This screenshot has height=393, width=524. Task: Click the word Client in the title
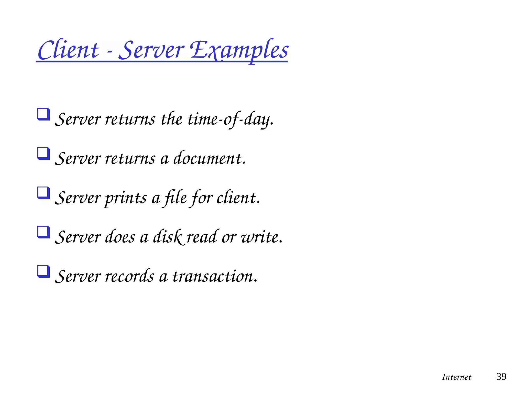(68, 50)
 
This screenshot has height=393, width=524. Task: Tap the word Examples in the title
(239, 50)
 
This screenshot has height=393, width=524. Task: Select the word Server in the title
(151, 50)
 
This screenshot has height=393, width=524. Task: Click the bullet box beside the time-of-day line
(43, 114)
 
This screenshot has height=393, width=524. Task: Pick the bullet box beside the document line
(43, 154)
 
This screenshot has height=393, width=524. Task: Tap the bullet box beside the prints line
(43, 193)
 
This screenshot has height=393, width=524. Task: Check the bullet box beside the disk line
(43, 232)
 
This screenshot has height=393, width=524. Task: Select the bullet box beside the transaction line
(43, 271)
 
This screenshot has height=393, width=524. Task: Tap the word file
(176, 198)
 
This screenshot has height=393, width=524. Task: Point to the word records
(129, 276)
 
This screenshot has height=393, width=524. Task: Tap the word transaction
(214, 276)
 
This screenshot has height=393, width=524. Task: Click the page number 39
(501, 377)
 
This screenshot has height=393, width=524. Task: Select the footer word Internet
(456, 377)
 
